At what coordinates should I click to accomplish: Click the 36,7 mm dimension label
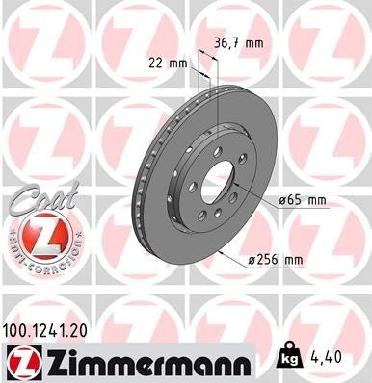pos(238,42)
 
